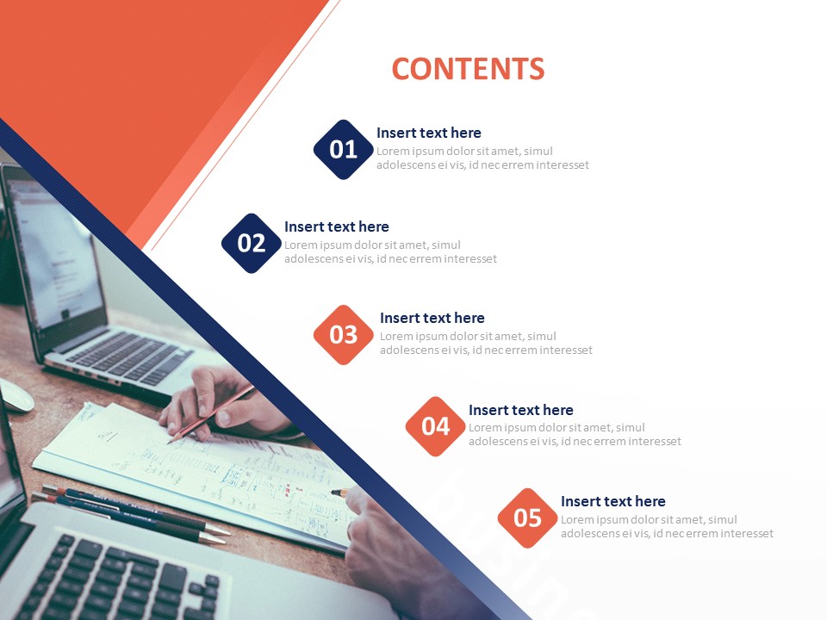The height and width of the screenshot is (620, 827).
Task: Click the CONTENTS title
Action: [468, 69]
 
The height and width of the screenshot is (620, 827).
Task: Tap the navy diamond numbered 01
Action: [344, 150]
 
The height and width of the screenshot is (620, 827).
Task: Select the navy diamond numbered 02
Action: [252, 243]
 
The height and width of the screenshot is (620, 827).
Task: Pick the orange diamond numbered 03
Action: [344, 335]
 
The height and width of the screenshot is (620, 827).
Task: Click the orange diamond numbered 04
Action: [436, 426]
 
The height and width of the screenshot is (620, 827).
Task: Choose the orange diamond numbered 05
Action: [527, 518]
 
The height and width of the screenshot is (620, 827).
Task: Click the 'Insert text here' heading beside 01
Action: [429, 133]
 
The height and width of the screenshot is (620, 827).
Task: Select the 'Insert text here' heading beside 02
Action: [337, 226]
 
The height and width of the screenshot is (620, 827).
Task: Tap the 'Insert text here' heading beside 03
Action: [432, 318]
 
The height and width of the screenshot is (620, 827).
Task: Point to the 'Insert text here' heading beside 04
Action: [521, 410]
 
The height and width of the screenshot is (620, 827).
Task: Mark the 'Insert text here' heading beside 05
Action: [613, 501]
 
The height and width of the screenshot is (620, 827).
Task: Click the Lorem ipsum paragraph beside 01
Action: [482, 158]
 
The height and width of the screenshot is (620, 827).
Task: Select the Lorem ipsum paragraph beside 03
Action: [486, 344]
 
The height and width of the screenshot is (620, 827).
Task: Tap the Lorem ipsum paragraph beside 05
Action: [667, 527]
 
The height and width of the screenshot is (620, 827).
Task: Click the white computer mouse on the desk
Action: [15, 395]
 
